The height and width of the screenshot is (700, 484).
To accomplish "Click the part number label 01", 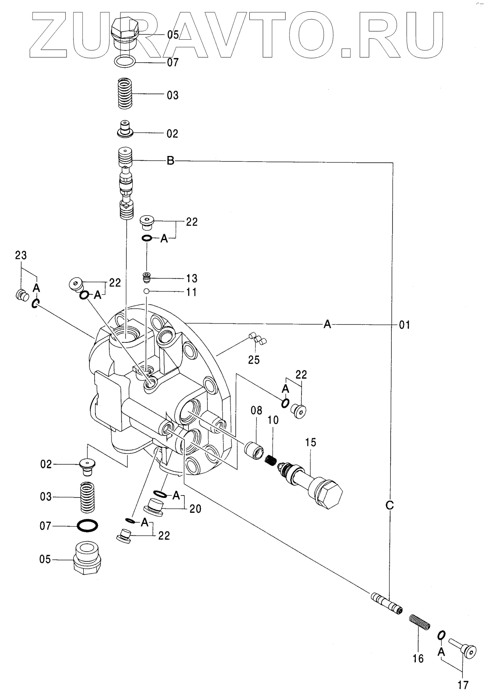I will (x=405, y=324).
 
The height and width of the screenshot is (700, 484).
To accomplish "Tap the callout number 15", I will (x=311, y=442).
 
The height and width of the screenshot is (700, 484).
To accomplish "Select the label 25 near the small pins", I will (x=254, y=360).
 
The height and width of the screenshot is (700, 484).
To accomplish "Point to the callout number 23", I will (x=21, y=255).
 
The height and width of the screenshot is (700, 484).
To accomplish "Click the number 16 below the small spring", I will (x=418, y=659).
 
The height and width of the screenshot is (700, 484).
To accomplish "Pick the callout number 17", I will (x=463, y=685).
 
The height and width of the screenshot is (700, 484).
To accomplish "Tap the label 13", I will (x=192, y=278).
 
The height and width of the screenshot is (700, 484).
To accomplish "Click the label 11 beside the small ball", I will (x=192, y=292).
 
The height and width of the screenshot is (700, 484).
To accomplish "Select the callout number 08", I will (x=256, y=410).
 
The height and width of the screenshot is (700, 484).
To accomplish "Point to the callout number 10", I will (x=273, y=420).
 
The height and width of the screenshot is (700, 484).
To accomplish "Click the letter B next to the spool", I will (x=170, y=161).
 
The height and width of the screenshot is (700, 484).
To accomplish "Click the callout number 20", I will (x=196, y=509).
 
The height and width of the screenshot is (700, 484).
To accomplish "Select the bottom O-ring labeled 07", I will (x=87, y=525).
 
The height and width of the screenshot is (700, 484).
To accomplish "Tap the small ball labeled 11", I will (x=147, y=291).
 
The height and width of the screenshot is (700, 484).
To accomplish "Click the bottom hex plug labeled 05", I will (x=87, y=559).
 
